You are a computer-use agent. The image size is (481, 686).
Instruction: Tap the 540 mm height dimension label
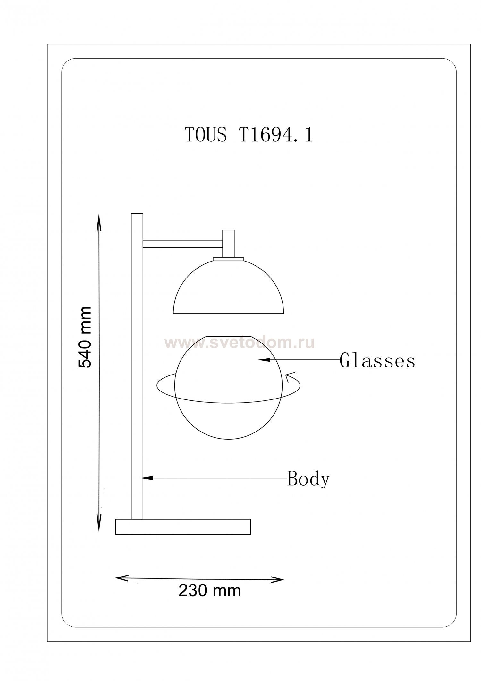[85, 337]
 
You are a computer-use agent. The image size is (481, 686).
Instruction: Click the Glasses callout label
[377, 361]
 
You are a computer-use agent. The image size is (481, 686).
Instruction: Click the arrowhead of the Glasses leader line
[264, 360]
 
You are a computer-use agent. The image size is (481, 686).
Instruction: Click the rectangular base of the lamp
[183, 527]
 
